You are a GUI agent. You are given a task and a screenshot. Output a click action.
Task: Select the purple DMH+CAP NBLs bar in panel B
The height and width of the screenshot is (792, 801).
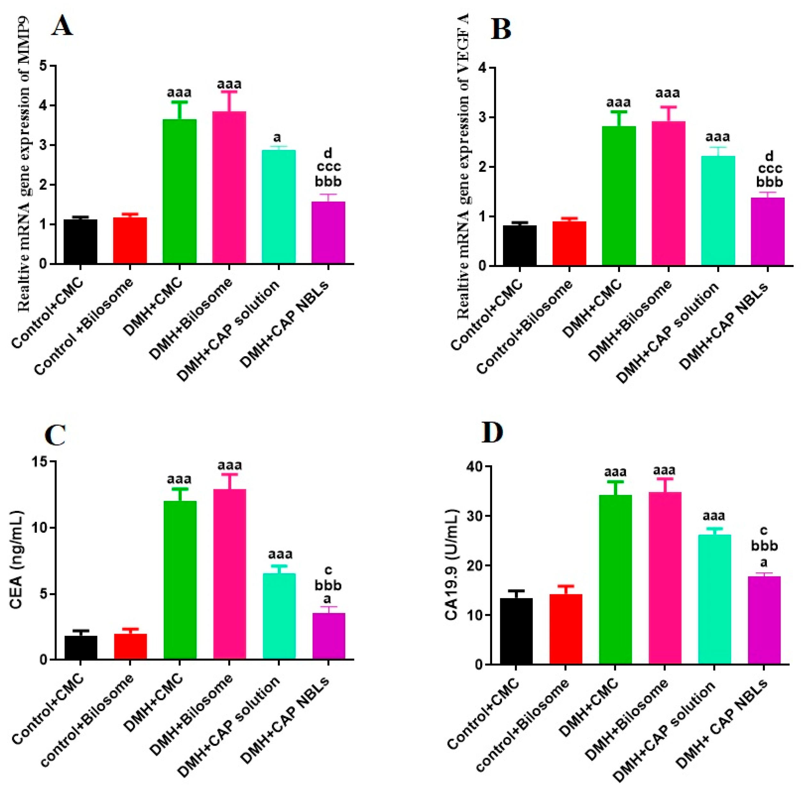click(768, 231)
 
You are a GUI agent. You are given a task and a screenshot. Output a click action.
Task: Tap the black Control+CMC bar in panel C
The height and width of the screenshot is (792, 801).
click(81, 647)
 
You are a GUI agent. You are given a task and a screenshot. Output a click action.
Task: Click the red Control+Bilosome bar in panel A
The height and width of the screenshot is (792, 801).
click(130, 240)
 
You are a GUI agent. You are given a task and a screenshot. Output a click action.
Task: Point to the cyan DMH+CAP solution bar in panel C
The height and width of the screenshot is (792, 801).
click(279, 616)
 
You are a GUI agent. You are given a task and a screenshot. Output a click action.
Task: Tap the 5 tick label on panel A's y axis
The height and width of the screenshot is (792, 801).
click(44, 66)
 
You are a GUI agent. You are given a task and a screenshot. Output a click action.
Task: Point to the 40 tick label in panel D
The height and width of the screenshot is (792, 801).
click(473, 467)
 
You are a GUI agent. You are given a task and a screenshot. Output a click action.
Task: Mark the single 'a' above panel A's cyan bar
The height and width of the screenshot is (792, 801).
click(277, 137)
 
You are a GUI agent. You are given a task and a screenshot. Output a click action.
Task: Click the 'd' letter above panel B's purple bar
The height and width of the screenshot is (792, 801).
click(769, 156)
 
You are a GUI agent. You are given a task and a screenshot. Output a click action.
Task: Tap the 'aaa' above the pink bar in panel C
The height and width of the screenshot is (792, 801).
click(230, 465)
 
